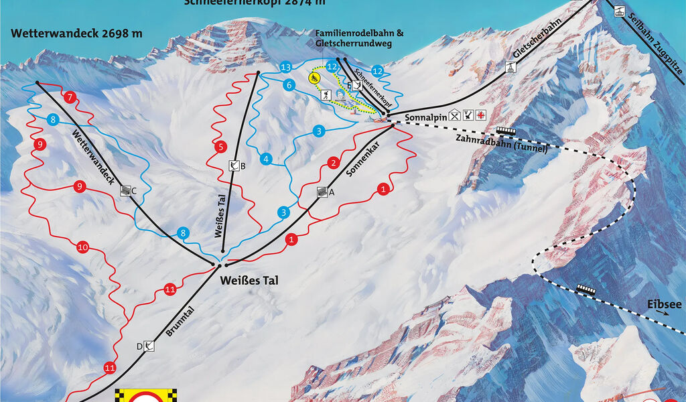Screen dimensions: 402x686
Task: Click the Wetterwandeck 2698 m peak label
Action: tap(76, 33)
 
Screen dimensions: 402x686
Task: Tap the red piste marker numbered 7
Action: tap(70, 97)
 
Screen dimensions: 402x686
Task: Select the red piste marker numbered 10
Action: tap(82, 247)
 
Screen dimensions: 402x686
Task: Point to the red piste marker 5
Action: tap(220, 146)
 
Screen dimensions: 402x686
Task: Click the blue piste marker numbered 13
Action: tap(286, 68)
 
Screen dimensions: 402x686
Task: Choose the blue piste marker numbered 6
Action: tap(289, 85)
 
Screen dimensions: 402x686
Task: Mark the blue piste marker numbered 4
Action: tap(266, 159)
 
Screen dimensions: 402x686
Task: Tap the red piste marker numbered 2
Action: tap(332, 163)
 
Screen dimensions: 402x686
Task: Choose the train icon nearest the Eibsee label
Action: tap(586, 289)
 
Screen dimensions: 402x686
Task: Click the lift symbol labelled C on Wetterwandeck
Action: tap(126, 191)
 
